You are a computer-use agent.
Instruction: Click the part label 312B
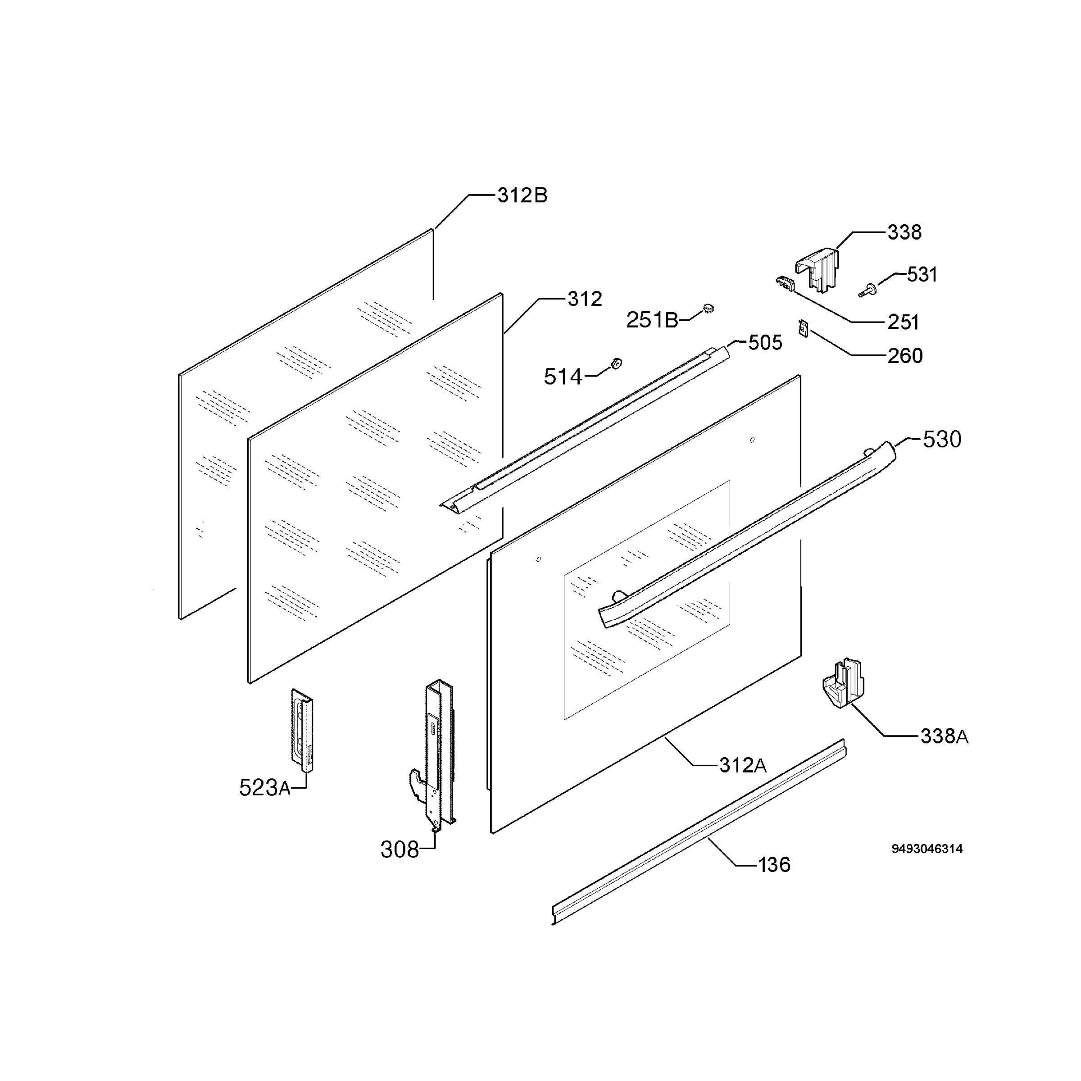point(522,195)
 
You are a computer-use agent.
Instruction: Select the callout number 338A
point(944,736)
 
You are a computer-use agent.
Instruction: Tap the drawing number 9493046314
point(927,849)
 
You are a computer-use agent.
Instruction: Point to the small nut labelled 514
point(617,363)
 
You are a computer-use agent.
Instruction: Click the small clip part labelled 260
point(804,328)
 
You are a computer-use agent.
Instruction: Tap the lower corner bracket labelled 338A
point(843,684)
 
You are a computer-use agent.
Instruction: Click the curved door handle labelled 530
point(746,535)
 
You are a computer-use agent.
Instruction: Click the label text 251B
point(652,320)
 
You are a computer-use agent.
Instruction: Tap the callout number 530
point(942,440)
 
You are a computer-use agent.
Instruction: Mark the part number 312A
point(742,765)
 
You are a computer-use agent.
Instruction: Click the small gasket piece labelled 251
point(785,284)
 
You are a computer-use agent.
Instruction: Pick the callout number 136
point(774,865)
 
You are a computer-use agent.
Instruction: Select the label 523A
point(265,788)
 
